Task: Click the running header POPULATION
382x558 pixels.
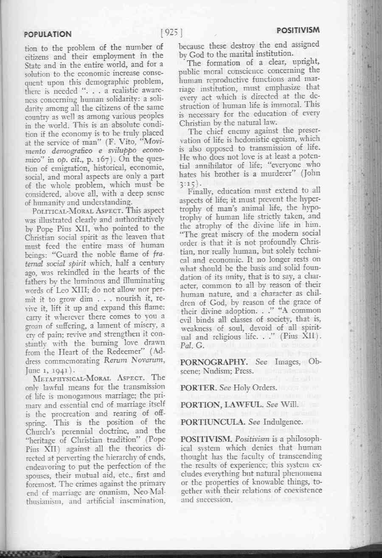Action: pos(48,34)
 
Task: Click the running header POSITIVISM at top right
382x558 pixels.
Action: pos(298,31)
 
